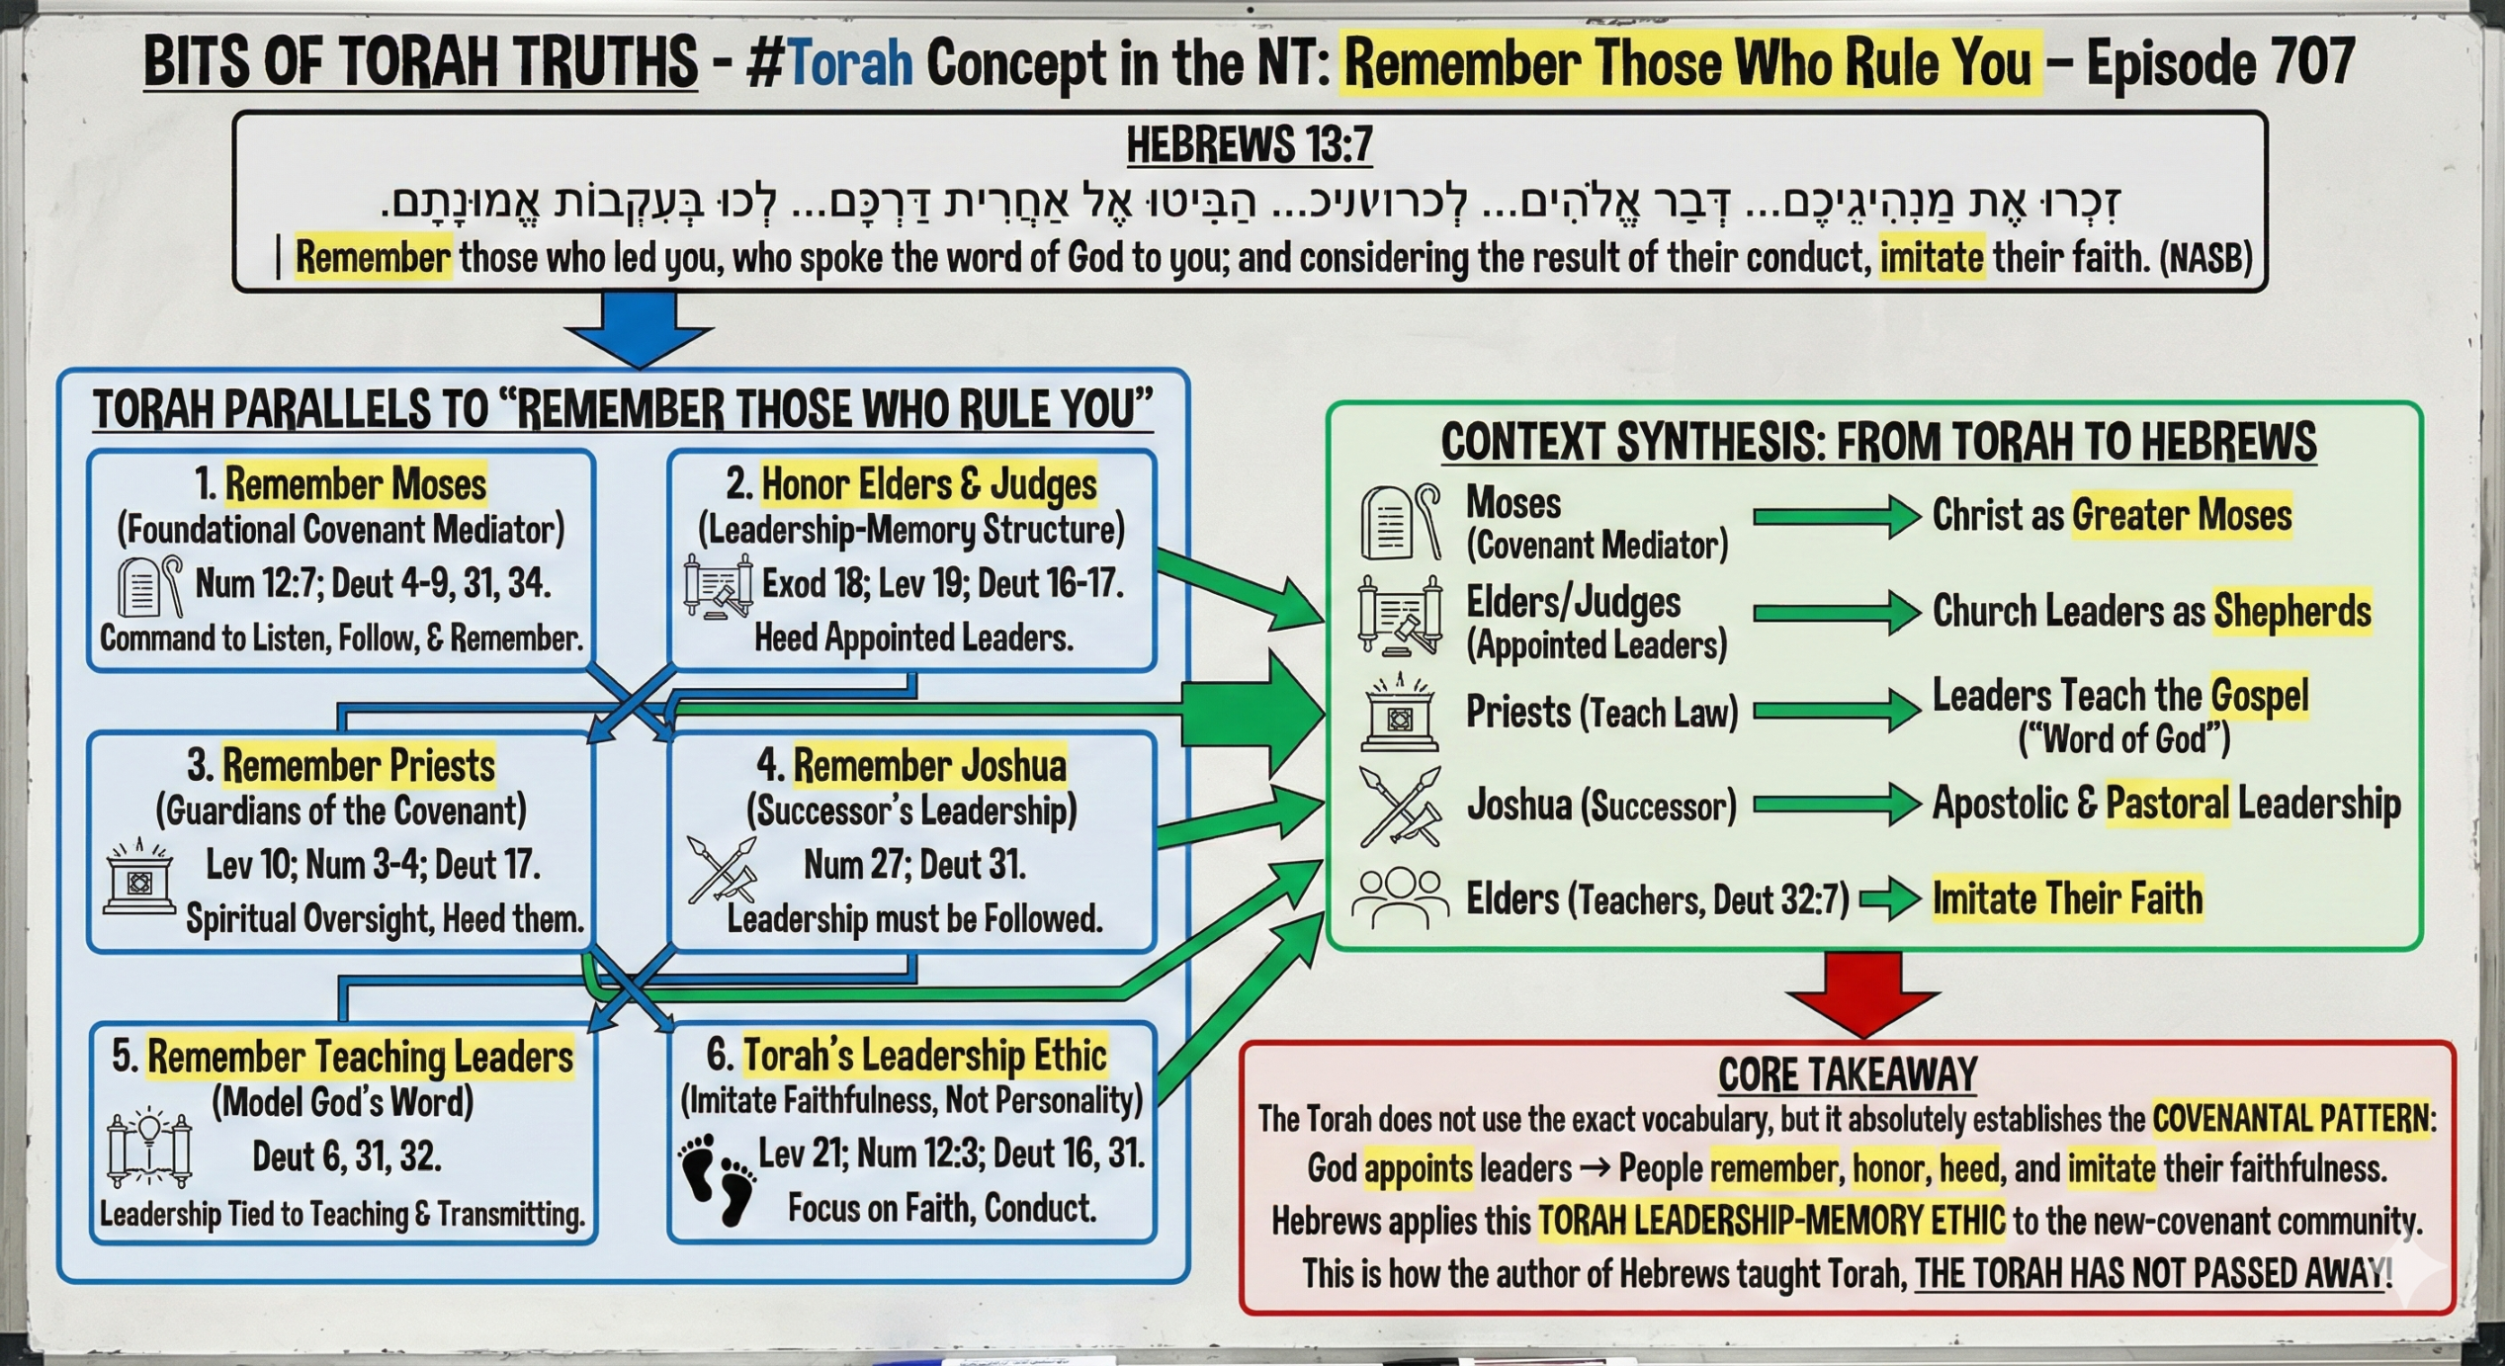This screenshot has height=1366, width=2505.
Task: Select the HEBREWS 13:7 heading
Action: click(1250, 144)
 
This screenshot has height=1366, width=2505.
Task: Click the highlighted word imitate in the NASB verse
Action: click(1931, 258)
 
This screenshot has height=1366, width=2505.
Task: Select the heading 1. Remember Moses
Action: click(341, 484)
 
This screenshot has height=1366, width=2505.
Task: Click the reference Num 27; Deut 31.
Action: click(914, 865)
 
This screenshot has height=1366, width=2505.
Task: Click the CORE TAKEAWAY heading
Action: click(1848, 1074)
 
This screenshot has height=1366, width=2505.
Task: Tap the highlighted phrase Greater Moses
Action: click(2181, 516)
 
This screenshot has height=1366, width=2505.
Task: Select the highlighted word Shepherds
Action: click(2291, 612)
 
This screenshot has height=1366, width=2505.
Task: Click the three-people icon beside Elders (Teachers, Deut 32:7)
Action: click(1400, 898)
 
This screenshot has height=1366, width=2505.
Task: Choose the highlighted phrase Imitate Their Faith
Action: click(2067, 899)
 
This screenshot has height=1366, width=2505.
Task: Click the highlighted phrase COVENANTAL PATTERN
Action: click(2289, 1119)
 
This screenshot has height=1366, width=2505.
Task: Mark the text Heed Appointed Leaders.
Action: click(913, 639)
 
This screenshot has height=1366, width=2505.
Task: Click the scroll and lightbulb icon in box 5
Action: click(149, 1151)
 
